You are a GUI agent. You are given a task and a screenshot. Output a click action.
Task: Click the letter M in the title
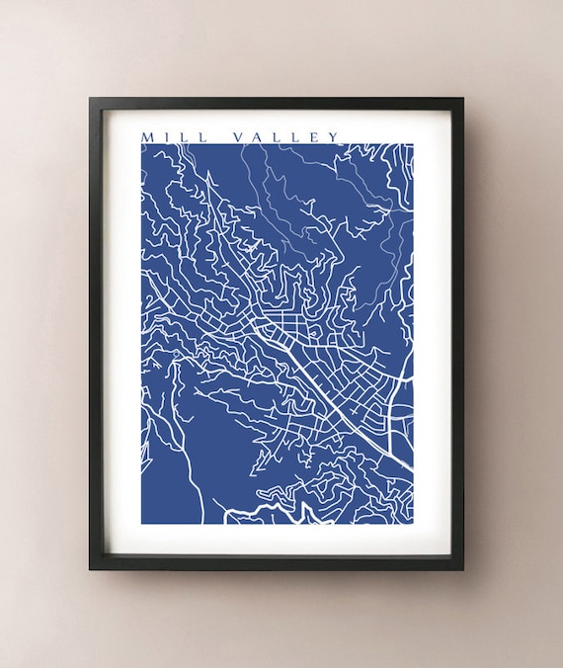click(x=148, y=136)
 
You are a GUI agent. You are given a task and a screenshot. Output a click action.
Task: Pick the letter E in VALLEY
click(x=314, y=136)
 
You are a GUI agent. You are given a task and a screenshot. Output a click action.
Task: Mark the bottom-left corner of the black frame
click(x=91, y=569)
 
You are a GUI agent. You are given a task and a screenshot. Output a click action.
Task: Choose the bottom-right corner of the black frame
click(x=462, y=569)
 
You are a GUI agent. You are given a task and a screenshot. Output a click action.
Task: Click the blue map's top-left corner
click(x=141, y=144)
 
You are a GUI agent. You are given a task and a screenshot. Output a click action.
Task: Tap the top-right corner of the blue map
click(x=413, y=144)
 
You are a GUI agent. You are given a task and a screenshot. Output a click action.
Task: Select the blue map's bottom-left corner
click(x=141, y=523)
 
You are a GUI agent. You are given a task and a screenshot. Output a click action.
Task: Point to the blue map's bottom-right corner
click(x=413, y=523)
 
